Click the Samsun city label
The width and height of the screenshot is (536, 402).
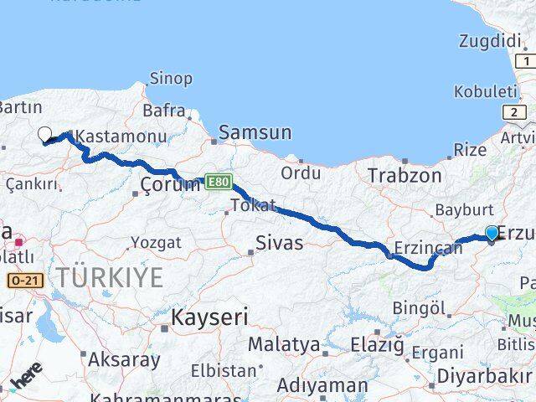click(255, 132)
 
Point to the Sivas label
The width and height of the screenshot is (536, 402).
click(281, 244)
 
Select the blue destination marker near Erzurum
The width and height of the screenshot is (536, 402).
click(492, 234)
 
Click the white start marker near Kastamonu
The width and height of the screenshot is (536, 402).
click(44, 134)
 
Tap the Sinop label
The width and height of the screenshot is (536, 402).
click(170, 79)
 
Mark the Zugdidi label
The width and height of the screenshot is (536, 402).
click(490, 40)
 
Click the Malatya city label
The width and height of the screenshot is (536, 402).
click(283, 344)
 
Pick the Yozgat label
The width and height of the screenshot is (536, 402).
click(156, 243)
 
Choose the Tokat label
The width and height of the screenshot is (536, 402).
click(253, 205)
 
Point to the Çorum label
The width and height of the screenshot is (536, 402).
click(171, 184)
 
